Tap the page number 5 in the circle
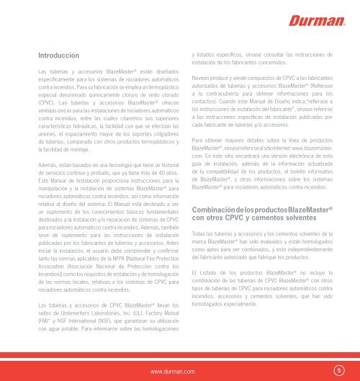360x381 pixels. point(338,369)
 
